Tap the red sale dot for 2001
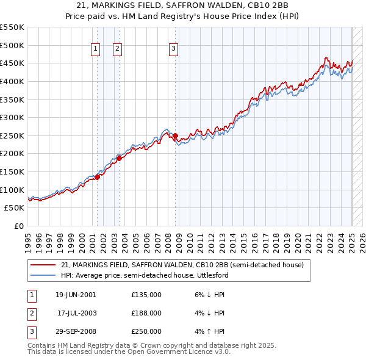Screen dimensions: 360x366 pos(97,177)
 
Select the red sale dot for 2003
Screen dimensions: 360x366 pos(120,158)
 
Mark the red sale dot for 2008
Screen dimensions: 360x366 pos(176,135)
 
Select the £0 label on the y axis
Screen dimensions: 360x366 pos(18,226)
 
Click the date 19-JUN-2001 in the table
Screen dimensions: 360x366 pos(76,295)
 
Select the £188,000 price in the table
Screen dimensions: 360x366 pos(146,313)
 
